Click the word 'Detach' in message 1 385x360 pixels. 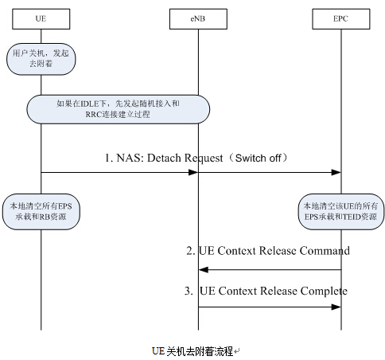(x=164, y=158)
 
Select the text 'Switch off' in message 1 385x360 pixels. (x=258, y=158)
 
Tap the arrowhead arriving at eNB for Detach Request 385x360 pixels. (x=193, y=172)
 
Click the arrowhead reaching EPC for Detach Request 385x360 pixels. (x=336, y=172)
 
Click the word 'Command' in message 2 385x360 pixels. (x=325, y=251)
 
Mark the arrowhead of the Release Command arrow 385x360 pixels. (x=204, y=270)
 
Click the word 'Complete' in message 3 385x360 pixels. (x=324, y=291)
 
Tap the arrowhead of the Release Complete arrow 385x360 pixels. (x=336, y=307)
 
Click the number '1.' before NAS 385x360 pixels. (x=109, y=158)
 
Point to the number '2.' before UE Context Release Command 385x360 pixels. (x=191, y=251)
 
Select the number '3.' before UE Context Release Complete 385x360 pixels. (x=189, y=292)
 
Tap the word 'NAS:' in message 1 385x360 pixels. (x=130, y=158)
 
